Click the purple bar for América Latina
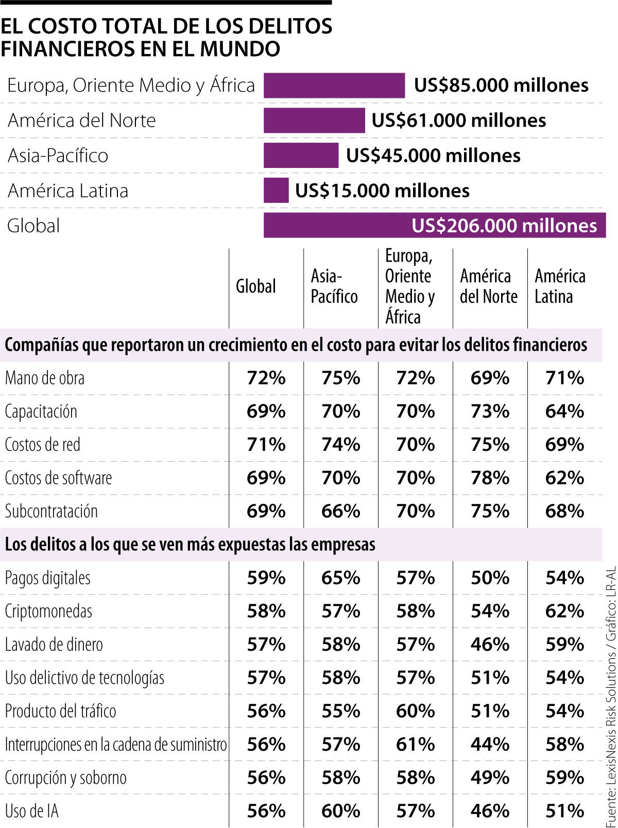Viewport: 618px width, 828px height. [x=276, y=190]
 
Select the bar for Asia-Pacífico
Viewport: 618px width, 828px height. [x=301, y=155]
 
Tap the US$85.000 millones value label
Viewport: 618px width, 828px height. [x=501, y=85]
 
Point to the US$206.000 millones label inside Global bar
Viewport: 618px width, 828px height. [x=504, y=226]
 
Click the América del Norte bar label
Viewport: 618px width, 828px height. [x=81, y=120]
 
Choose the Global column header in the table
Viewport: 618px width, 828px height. [x=256, y=286]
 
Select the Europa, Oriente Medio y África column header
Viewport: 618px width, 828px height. [x=410, y=286]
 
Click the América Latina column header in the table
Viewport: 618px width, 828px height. [x=560, y=286]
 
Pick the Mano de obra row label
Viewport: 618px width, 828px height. [x=45, y=378]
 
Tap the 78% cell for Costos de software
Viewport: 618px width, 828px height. [x=490, y=478]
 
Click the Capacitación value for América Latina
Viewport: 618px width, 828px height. [x=564, y=411]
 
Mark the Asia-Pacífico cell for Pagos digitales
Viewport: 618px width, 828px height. [x=340, y=578]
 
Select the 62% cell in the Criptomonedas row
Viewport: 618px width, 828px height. [x=564, y=611]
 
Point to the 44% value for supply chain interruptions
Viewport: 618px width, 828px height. [x=490, y=744]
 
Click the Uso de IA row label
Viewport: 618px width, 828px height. [x=32, y=811]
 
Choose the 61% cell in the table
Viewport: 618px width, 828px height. [x=415, y=744]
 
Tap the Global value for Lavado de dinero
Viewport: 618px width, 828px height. [x=266, y=644]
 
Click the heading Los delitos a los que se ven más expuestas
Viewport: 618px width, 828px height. [x=190, y=544]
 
